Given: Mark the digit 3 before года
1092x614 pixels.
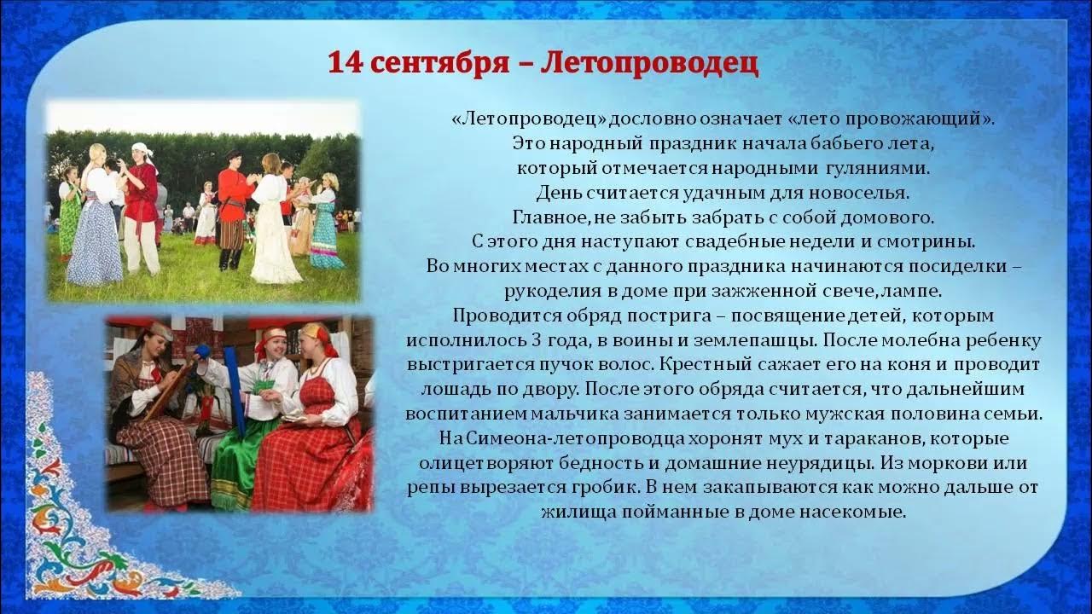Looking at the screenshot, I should coord(561,340).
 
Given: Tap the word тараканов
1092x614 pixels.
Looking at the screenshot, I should coord(803,439).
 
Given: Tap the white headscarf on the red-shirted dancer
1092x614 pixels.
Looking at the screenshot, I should coord(143,150).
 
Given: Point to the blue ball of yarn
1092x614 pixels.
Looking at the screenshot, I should coord(202,350).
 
